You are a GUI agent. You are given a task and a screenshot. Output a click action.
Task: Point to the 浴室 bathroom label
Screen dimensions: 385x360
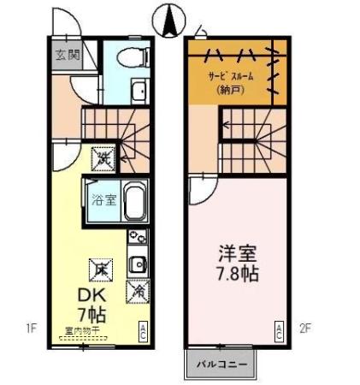(x=101, y=201)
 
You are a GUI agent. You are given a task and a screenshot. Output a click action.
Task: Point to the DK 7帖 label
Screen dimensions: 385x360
(x=89, y=304)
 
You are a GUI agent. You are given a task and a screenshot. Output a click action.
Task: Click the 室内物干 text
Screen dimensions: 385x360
(x=81, y=329)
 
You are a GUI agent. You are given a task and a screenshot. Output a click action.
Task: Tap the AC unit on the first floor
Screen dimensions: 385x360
(x=143, y=330)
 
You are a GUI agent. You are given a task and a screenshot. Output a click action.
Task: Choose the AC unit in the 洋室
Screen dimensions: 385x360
(x=278, y=330)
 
